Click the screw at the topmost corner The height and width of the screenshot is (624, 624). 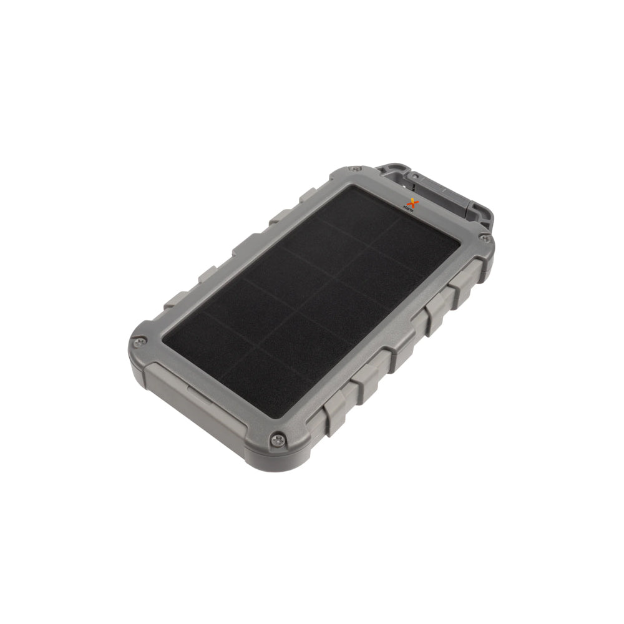pos(356,168)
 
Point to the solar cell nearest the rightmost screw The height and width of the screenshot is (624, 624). pos(431,250)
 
